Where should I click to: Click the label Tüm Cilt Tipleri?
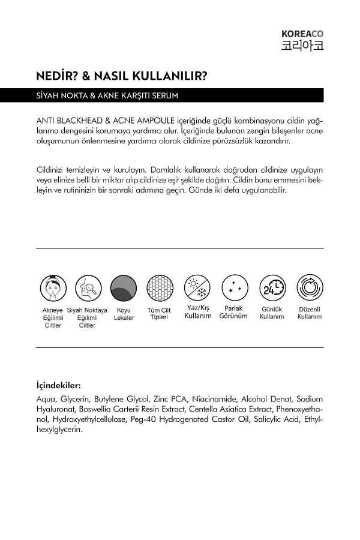pos(160,314)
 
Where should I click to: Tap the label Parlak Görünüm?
pos(233,312)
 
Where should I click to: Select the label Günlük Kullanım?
pos(272,313)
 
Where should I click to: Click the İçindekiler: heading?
pos(58,385)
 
